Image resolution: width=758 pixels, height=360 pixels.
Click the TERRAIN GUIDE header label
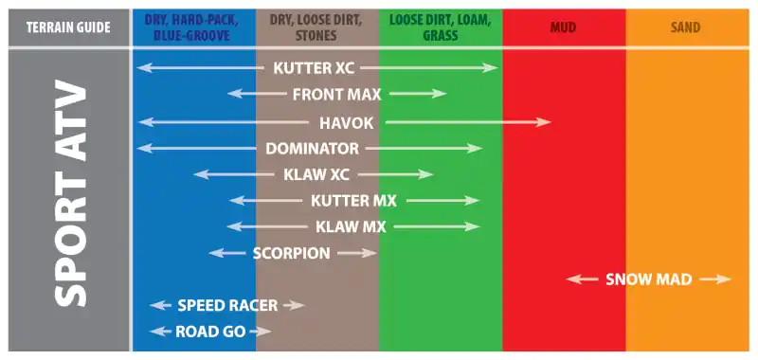tap(68, 27)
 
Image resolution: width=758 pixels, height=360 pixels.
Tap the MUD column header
tap(563, 27)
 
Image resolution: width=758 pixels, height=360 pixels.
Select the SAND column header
tap(685, 27)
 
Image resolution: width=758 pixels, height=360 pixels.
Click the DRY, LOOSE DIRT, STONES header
tap(317, 27)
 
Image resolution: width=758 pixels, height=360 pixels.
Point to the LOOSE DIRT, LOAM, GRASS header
tap(441, 27)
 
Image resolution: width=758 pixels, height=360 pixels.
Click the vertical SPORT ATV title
tap(70, 196)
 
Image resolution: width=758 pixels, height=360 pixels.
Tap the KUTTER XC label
tap(314, 68)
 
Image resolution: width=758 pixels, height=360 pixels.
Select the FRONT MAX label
tap(337, 94)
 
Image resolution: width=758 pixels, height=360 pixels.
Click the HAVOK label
tap(347, 123)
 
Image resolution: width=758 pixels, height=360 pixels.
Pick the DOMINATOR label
tap(313, 149)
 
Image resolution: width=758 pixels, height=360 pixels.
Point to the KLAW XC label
tap(316, 174)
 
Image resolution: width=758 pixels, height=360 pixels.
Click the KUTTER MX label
tap(353, 201)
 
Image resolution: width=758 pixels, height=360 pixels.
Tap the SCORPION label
tap(292, 253)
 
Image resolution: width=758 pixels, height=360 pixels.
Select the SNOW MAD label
tap(649, 279)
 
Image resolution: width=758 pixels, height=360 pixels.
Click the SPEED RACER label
tap(227, 305)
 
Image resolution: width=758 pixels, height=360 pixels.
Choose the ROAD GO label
tap(210, 332)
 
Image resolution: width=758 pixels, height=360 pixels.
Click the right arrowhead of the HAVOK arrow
tap(544, 123)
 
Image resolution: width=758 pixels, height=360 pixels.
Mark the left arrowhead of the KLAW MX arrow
tap(234, 226)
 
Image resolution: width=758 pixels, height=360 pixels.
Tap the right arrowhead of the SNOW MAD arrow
tap(724, 279)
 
